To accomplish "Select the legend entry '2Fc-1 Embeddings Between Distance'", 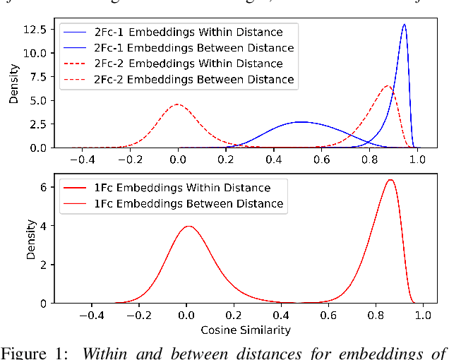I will click(194, 47).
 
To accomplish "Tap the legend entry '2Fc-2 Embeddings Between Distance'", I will click(194, 79).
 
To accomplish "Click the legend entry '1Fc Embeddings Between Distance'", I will click(188, 204).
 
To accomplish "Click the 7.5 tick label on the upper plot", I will click(38, 76).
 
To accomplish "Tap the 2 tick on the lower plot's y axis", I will click(43, 265).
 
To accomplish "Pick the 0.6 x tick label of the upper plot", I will click(321, 160).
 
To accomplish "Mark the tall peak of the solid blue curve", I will click(404, 25).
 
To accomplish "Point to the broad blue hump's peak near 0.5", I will click(301, 122).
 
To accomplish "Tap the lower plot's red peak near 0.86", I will click(390, 179).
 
